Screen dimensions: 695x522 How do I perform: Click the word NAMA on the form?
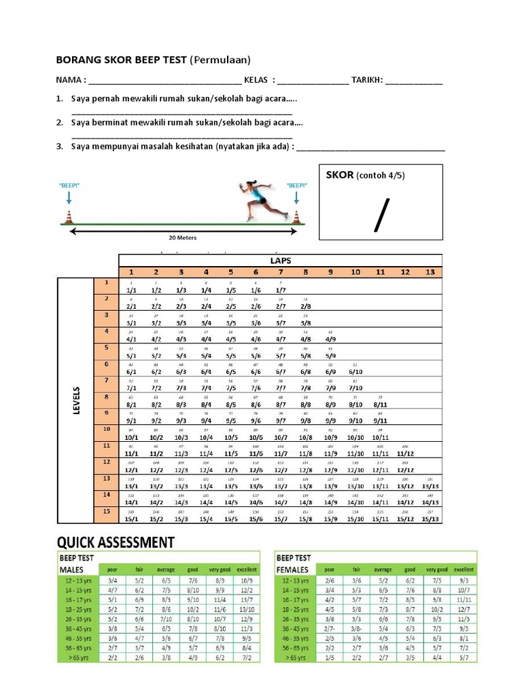[68, 80]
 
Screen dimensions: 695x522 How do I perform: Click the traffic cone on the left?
[69, 217]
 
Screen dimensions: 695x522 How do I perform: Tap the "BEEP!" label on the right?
[296, 185]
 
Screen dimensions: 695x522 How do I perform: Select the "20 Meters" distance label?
[182, 238]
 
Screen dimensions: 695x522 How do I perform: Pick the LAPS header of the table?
[280, 260]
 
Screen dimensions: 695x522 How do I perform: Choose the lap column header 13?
[430, 272]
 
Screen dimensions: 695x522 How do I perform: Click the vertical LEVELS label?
[77, 400]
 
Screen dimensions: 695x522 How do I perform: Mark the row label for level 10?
[106, 430]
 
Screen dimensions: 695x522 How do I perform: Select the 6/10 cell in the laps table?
[355, 371]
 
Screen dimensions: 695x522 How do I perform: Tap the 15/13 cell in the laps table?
[430, 519]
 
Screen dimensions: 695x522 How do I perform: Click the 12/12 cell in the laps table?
[405, 470]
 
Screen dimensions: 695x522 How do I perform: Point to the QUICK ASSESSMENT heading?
[116, 542]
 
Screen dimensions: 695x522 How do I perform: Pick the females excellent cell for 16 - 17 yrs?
[464, 599]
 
